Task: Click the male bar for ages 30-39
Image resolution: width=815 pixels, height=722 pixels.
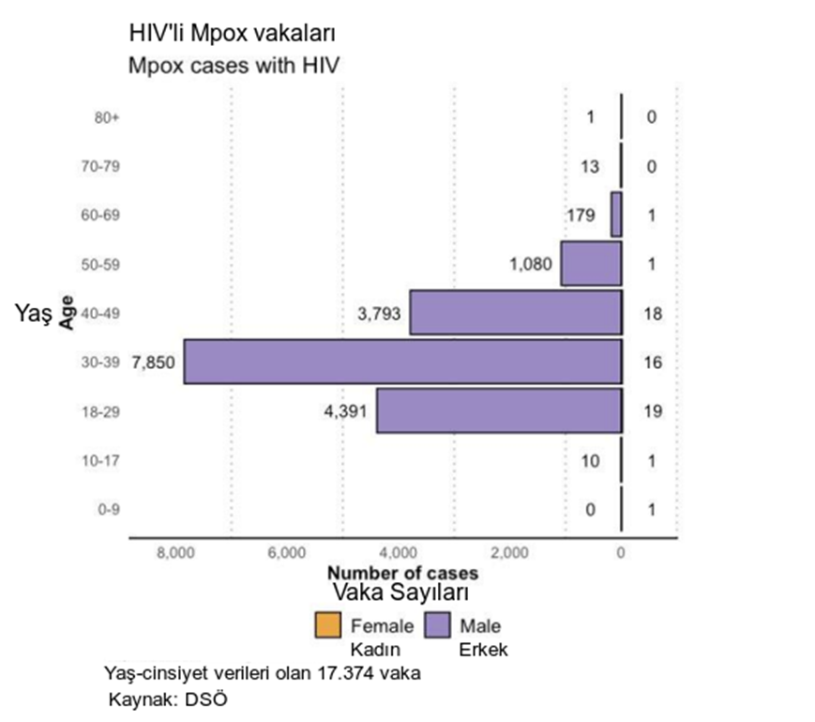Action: [403, 361]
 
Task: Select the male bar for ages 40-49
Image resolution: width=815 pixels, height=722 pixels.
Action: [516, 313]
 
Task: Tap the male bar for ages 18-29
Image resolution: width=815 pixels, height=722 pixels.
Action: [499, 410]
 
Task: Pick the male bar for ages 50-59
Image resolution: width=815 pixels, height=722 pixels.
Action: [591, 264]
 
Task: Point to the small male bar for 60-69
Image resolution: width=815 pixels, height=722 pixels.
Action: [616, 215]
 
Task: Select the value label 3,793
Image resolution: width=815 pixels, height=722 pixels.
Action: [380, 314]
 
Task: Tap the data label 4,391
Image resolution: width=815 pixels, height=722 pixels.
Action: [346, 411]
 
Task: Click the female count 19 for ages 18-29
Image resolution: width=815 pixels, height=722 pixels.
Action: [652, 411]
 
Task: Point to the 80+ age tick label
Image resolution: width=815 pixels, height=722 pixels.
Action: [108, 118]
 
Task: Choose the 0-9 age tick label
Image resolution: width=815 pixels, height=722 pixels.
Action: [110, 510]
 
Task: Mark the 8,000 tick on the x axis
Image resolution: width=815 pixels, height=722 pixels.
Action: [175, 553]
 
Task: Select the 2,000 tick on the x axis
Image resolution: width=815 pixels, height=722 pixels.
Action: [509, 553]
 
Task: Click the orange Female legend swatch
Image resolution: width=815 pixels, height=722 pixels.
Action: [328, 624]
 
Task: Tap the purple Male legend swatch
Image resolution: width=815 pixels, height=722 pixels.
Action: [439, 624]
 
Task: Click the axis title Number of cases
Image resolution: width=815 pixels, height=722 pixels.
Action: [402, 573]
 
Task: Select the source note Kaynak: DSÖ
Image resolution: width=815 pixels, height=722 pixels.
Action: [169, 699]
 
